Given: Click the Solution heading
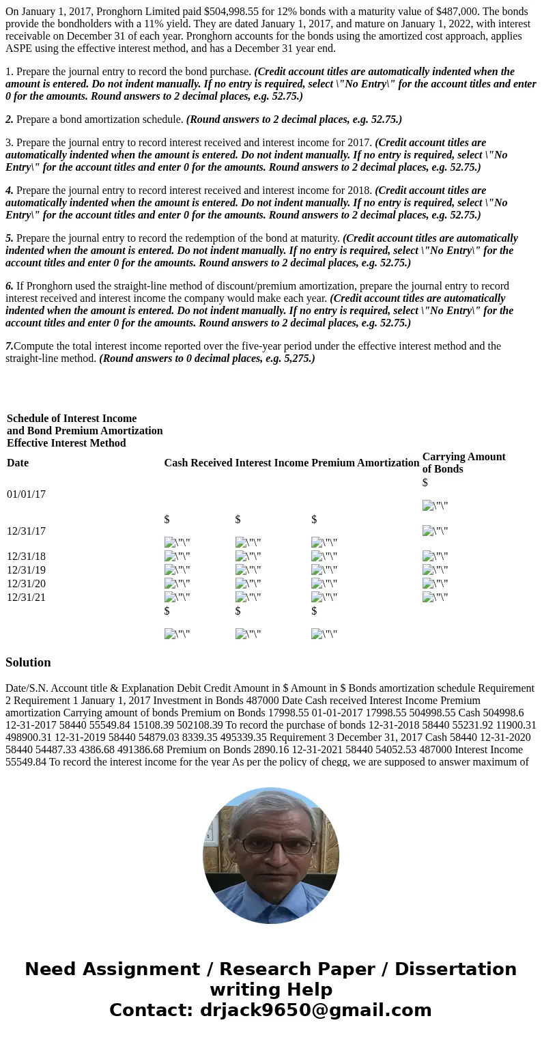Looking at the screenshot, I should click(28, 662).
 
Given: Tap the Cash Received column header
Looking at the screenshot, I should click(198, 463).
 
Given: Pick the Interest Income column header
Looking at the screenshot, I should click(272, 463).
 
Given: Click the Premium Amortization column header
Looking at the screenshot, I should click(365, 463).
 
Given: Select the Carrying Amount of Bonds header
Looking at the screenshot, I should click(463, 463).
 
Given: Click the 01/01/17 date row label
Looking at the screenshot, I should click(26, 494).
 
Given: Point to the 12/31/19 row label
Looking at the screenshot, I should click(26, 570).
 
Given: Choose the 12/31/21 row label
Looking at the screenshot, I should click(26, 598).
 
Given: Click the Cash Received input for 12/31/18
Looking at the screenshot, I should click(177, 557).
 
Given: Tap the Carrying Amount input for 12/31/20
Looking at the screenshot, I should click(435, 584).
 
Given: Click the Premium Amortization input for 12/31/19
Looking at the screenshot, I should click(324, 570).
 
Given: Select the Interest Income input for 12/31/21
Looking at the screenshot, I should click(248, 598).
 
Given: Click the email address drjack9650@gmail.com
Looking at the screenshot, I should click(315, 1011).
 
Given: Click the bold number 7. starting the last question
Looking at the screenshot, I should click(10, 346).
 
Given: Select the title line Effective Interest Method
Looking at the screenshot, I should click(66, 443).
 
